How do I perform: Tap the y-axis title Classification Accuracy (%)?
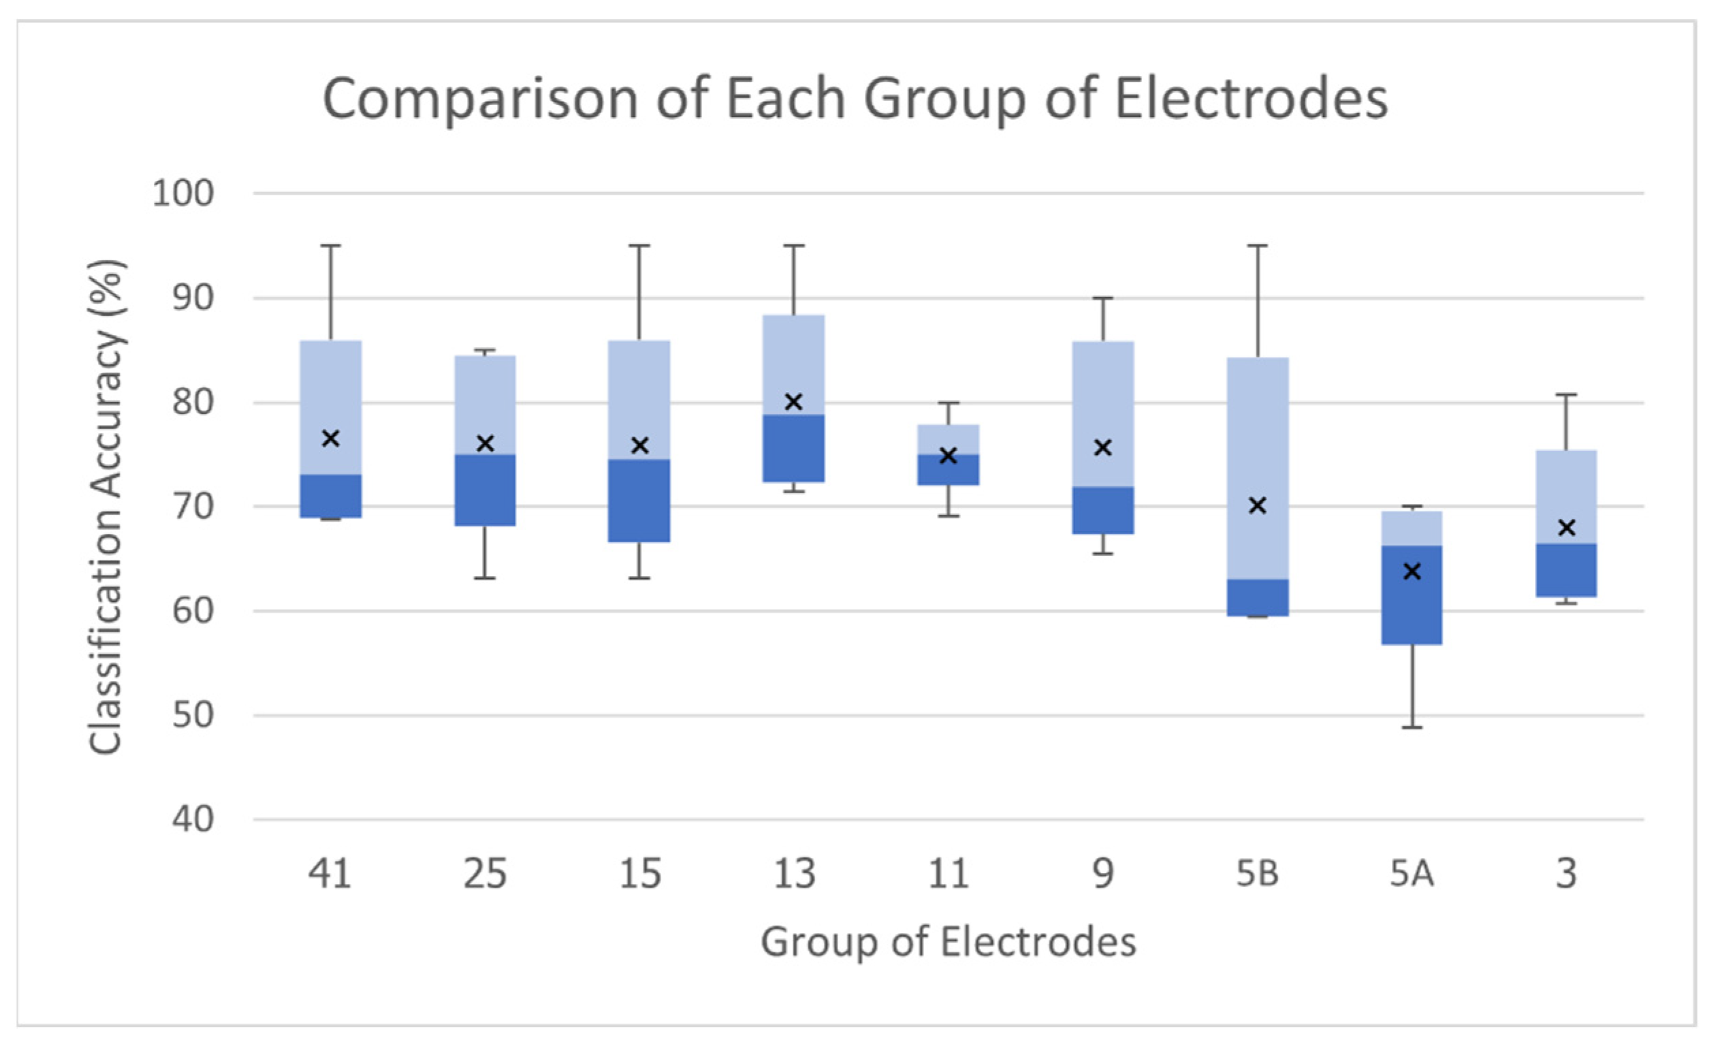pos(106,507)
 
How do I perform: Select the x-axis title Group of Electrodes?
pos(948,942)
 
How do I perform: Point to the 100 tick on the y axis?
pos(182,193)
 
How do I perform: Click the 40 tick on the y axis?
pos(193,819)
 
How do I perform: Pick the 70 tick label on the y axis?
pos(193,507)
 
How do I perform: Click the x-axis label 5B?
pos(1257,873)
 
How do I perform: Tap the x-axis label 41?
pos(330,873)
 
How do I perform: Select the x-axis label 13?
pos(793,873)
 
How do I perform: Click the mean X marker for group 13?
pos(793,402)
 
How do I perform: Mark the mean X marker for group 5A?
pos(1412,572)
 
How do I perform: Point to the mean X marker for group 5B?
pos(1257,505)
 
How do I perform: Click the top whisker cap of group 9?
pos(1102,298)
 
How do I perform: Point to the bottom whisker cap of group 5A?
pos(1412,727)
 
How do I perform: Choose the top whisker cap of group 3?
pos(1567,396)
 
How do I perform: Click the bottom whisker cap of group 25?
pos(485,578)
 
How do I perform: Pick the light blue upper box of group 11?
pos(948,439)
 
